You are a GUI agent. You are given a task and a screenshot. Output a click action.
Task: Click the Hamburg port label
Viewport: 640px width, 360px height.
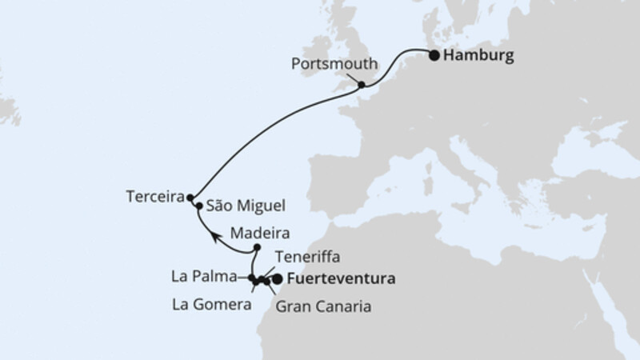click(x=478, y=57)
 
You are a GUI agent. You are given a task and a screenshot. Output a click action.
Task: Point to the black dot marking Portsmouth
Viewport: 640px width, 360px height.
click(x=362, y=85)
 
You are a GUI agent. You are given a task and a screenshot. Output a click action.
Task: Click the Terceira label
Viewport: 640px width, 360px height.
click(x=154, y=196)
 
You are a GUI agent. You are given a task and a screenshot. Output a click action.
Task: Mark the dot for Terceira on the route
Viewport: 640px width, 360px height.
click(x=190, y=197)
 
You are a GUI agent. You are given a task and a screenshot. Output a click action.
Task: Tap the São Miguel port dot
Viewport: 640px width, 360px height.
click(x=198, y=206)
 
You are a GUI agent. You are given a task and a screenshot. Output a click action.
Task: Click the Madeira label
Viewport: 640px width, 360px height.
click(x=258, y=234)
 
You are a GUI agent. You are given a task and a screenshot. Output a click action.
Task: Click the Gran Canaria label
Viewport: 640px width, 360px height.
click(x=323, y=306)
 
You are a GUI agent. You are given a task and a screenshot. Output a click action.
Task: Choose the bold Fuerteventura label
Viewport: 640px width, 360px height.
click(x=339, y=280)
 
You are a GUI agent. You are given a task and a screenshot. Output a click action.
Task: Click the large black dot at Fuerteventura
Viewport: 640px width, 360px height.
click(x=278, y=280)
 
